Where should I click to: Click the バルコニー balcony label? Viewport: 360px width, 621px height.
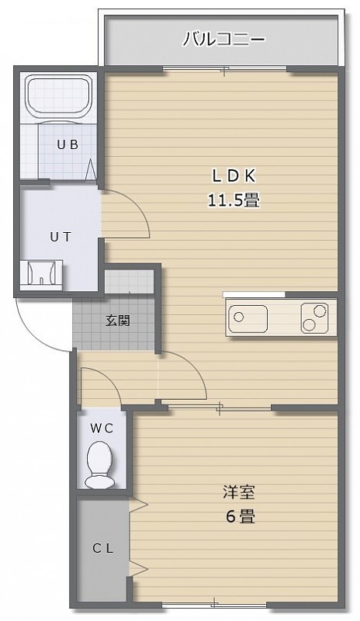pyautogui.click(x=223, y=40)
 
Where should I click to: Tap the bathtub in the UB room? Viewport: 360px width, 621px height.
pyautogui.click(x=59, y=96)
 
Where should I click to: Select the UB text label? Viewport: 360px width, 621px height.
pyautogui.click(x=67, y=144)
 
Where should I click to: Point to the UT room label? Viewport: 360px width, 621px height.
pyautogui.click(x=61, y=237)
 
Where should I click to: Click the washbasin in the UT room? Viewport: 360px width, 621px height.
pyautogui.click(x=41, y=273)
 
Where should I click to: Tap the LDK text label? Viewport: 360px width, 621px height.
pyautogui.click(x=234, y=176)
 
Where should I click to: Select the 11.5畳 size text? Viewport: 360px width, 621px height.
pyautogui.click(x=234, y=200)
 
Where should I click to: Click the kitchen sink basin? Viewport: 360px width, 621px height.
pyautogui.click(x=247, y=317)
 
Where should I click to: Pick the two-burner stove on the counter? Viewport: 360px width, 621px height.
pyautogui.click(x=314, y=317)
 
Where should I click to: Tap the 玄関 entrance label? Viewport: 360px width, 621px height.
pyautogui.click(x=118, y=321)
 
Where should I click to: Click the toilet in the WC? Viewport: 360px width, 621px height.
pyautogui.click(x=100, y=465)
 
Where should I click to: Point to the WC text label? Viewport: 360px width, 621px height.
pyautogui.click(x=102, y=428)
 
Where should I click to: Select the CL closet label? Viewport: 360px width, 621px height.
pyautogui.click(x=103, y=549)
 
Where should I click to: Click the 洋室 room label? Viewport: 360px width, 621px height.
pyautogui.click(x=238, y=492)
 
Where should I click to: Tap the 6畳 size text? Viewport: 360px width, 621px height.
pyautogui.click(x=241, y=517)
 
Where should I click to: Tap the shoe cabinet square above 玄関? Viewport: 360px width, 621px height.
pyautogui.click(x=129, y=282)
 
